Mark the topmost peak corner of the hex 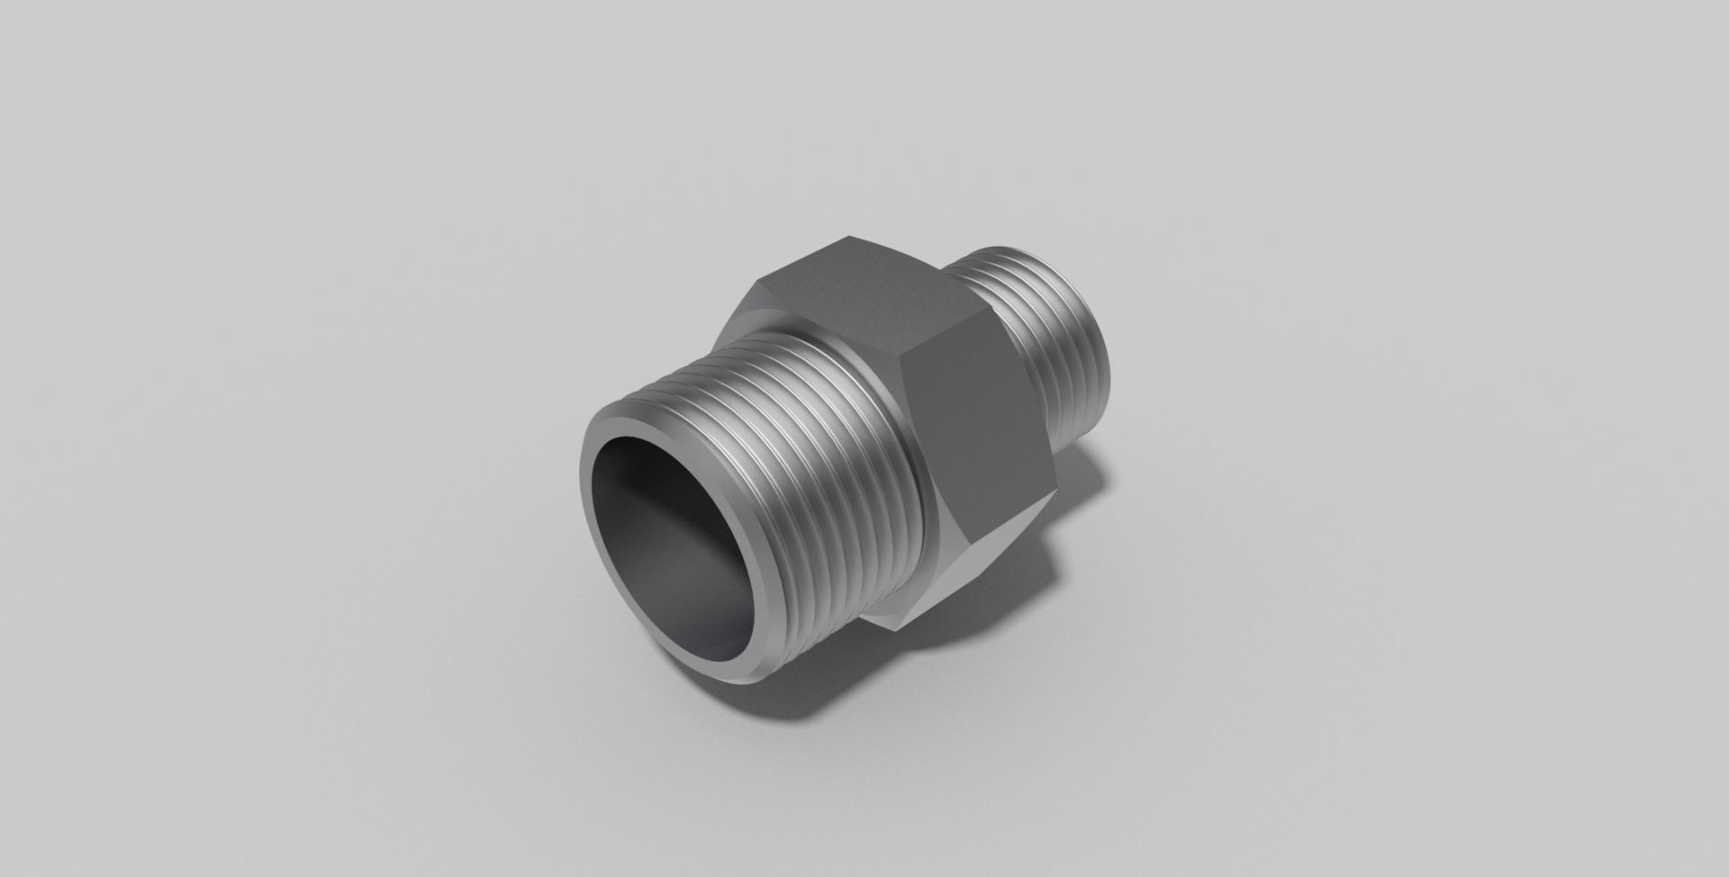tap(851, 239)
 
